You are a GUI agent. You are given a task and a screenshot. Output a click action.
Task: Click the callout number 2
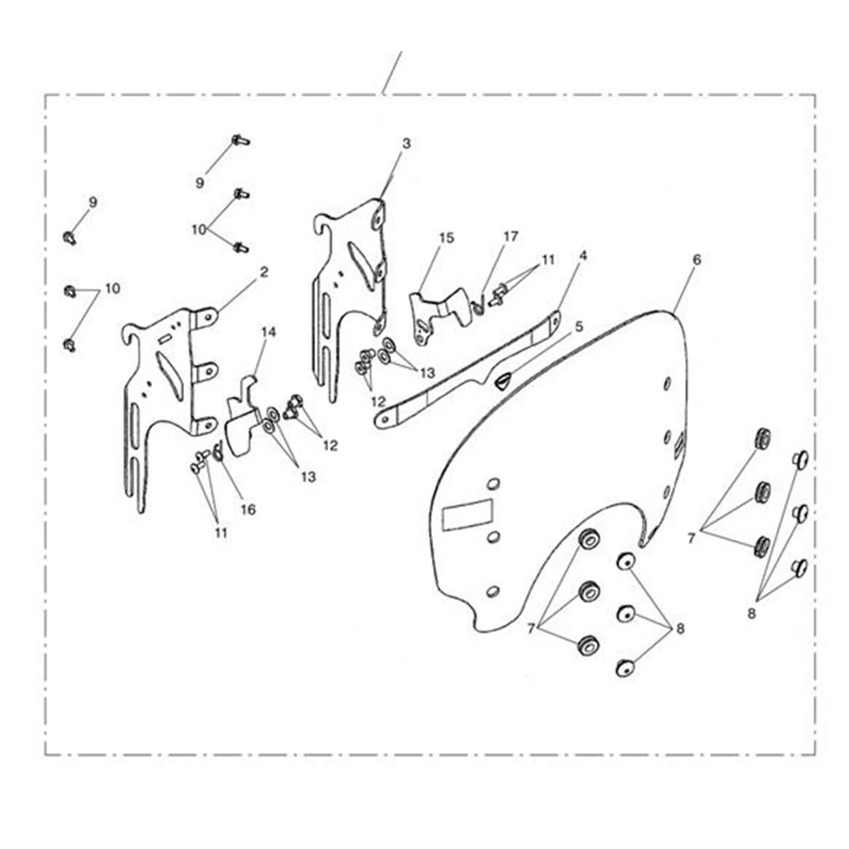[263, 272]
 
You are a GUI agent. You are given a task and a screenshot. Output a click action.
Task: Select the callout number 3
[406, 144]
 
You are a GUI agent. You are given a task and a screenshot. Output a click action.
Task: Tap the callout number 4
[583, 255]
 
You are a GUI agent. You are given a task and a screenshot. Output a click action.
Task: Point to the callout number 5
[579, 327]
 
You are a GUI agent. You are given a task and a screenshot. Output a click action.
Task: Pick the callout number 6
[696, 260]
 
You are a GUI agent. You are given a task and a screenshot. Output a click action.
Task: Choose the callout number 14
[268, 333]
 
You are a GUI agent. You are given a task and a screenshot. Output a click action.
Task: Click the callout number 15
[446, 238]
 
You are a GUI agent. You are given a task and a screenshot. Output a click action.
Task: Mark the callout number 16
[248, 509]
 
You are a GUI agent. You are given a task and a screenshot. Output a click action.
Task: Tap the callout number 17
[511, 236]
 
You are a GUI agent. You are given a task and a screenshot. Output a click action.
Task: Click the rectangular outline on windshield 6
[468, 514]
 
